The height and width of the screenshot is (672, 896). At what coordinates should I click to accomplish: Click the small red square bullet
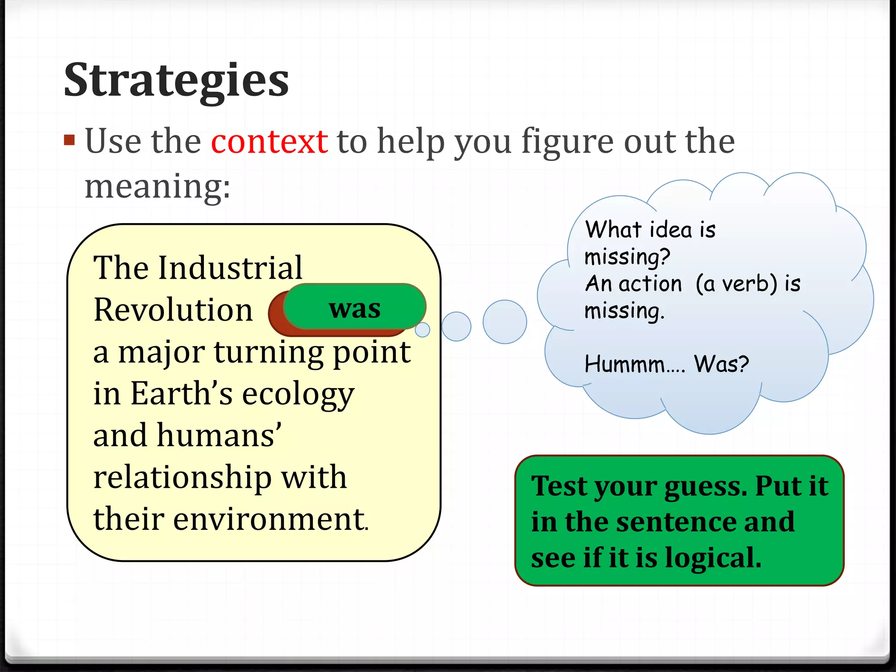click(69, 140)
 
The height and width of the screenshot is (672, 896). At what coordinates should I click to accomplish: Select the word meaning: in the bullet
click(157, 186)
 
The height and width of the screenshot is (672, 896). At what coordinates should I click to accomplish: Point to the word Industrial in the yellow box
click(230, 267)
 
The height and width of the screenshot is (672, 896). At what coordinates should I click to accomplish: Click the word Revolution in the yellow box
click(173, 310)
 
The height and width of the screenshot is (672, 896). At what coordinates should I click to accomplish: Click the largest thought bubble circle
click(504, 322)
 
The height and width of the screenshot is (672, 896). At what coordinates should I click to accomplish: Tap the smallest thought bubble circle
click(422, 330)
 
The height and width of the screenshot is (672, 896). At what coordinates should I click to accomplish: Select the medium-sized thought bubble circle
click(456, 326)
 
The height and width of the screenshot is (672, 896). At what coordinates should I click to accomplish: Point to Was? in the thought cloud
click(721, 364)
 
